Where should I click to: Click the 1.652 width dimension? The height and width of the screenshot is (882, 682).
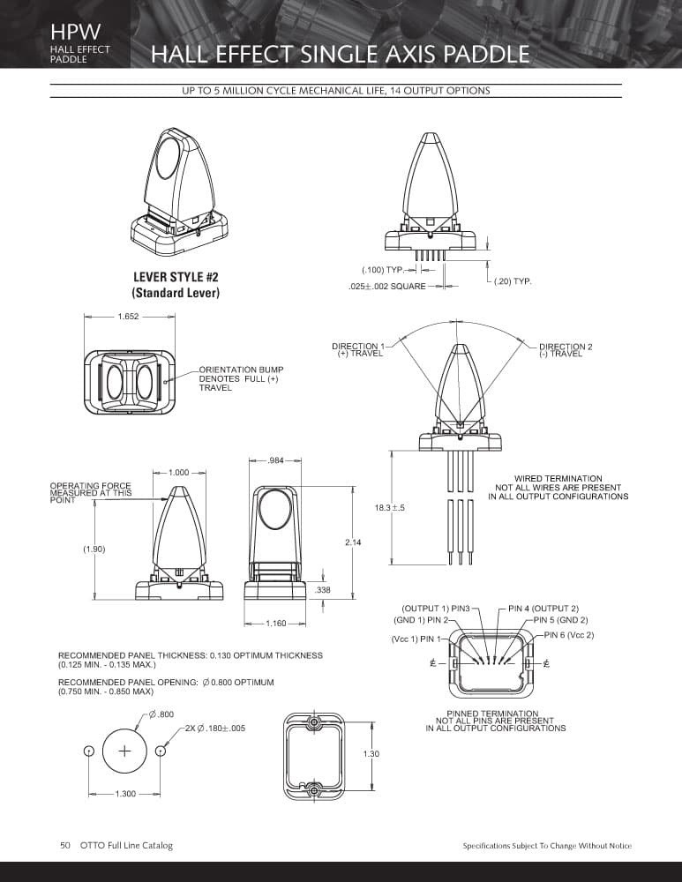128,317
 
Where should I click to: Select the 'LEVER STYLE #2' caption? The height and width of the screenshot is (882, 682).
176,277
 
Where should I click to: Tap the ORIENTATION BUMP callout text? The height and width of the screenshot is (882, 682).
241,378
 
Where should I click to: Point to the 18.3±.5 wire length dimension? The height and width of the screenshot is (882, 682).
390,507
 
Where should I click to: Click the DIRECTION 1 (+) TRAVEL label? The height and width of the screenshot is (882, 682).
359,350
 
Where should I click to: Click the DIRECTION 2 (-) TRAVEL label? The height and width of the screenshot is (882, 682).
565,350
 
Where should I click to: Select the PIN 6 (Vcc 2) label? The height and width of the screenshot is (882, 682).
569,635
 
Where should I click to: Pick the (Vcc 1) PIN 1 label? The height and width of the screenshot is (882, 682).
417,639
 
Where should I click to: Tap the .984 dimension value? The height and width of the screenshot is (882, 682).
275,460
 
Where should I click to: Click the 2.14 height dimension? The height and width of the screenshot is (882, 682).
353,542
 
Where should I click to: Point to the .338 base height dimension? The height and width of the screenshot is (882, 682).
322,590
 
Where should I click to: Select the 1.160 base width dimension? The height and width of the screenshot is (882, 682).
276,624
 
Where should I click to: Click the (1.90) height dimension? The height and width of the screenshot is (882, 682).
94,549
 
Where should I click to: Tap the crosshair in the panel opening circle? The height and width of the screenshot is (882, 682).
125,751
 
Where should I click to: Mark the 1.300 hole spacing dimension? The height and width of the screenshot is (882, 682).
125,794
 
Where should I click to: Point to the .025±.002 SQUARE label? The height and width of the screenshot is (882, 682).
387,287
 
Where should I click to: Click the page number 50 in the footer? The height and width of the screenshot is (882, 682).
65,846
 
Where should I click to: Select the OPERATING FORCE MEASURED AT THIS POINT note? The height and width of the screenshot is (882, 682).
91,493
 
